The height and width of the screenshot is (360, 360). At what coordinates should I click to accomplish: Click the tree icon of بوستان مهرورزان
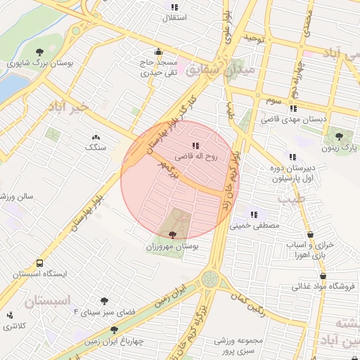point(173,236)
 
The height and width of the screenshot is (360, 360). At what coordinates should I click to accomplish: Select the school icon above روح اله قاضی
point(195,146)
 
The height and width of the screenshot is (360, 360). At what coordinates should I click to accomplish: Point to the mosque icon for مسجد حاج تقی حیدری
point(158,51)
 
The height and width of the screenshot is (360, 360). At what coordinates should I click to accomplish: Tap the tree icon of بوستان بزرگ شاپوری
point(39,51)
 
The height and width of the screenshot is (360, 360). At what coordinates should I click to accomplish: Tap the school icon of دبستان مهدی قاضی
point(292,108)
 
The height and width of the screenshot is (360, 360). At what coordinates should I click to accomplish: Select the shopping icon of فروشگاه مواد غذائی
point(322,276)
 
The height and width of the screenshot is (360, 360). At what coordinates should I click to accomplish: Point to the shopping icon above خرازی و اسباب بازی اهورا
point(310,235)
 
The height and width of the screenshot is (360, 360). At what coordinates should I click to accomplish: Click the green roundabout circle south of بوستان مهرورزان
point(210,279)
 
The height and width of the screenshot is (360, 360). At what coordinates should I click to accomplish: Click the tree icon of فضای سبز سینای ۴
point(104,301)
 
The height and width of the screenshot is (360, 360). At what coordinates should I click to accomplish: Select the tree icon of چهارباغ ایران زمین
point(112,330)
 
